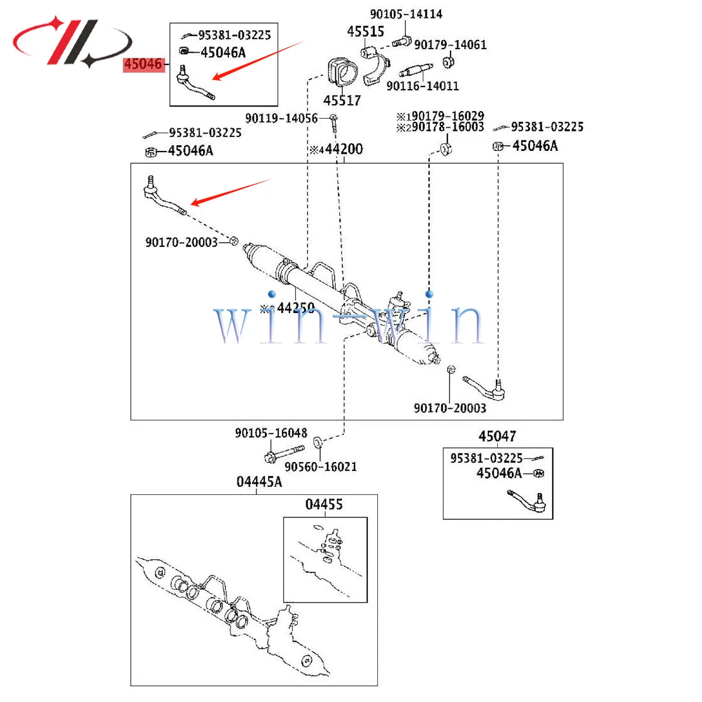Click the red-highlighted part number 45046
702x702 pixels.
[143, 64]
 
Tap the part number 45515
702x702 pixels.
[366, 32]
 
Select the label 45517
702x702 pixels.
[342, 101]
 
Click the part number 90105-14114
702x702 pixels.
[406, 14]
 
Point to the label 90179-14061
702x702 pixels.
[450, 45]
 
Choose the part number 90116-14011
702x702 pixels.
[422, 87]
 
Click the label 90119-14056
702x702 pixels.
[281, 119]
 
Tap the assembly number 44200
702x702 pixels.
[344, 150]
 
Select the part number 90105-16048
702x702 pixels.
[271, 433]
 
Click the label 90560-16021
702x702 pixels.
[321, 467]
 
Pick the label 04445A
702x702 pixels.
[259, 482]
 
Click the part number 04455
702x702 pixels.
[324, 504]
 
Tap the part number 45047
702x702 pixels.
[497, 436]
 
